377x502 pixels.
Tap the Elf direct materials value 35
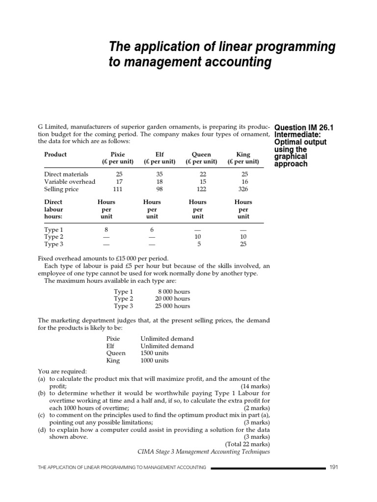160,175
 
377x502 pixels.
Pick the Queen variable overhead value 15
201,182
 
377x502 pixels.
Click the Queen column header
201,154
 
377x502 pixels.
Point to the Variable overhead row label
70,182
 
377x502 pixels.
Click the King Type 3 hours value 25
243,244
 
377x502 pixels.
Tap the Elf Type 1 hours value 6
152,229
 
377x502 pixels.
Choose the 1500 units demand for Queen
155,353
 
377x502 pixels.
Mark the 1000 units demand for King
155,360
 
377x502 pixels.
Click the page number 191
334,467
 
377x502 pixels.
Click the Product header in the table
55,154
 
